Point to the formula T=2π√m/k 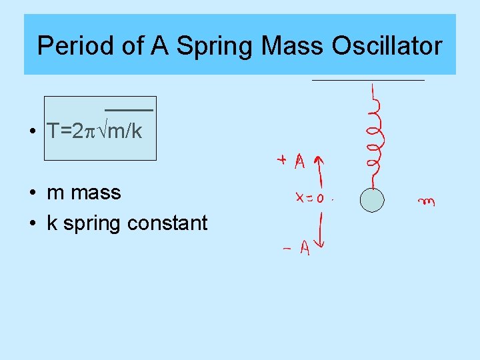[95, 131]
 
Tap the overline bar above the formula [129, 108]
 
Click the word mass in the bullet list [96, 193]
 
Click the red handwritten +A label [291, 161]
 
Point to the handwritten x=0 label [310, 197]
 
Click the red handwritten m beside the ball [425, 201]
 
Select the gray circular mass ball [372, 200]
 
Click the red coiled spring [375, 137]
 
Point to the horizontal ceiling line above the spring [368, 80]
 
